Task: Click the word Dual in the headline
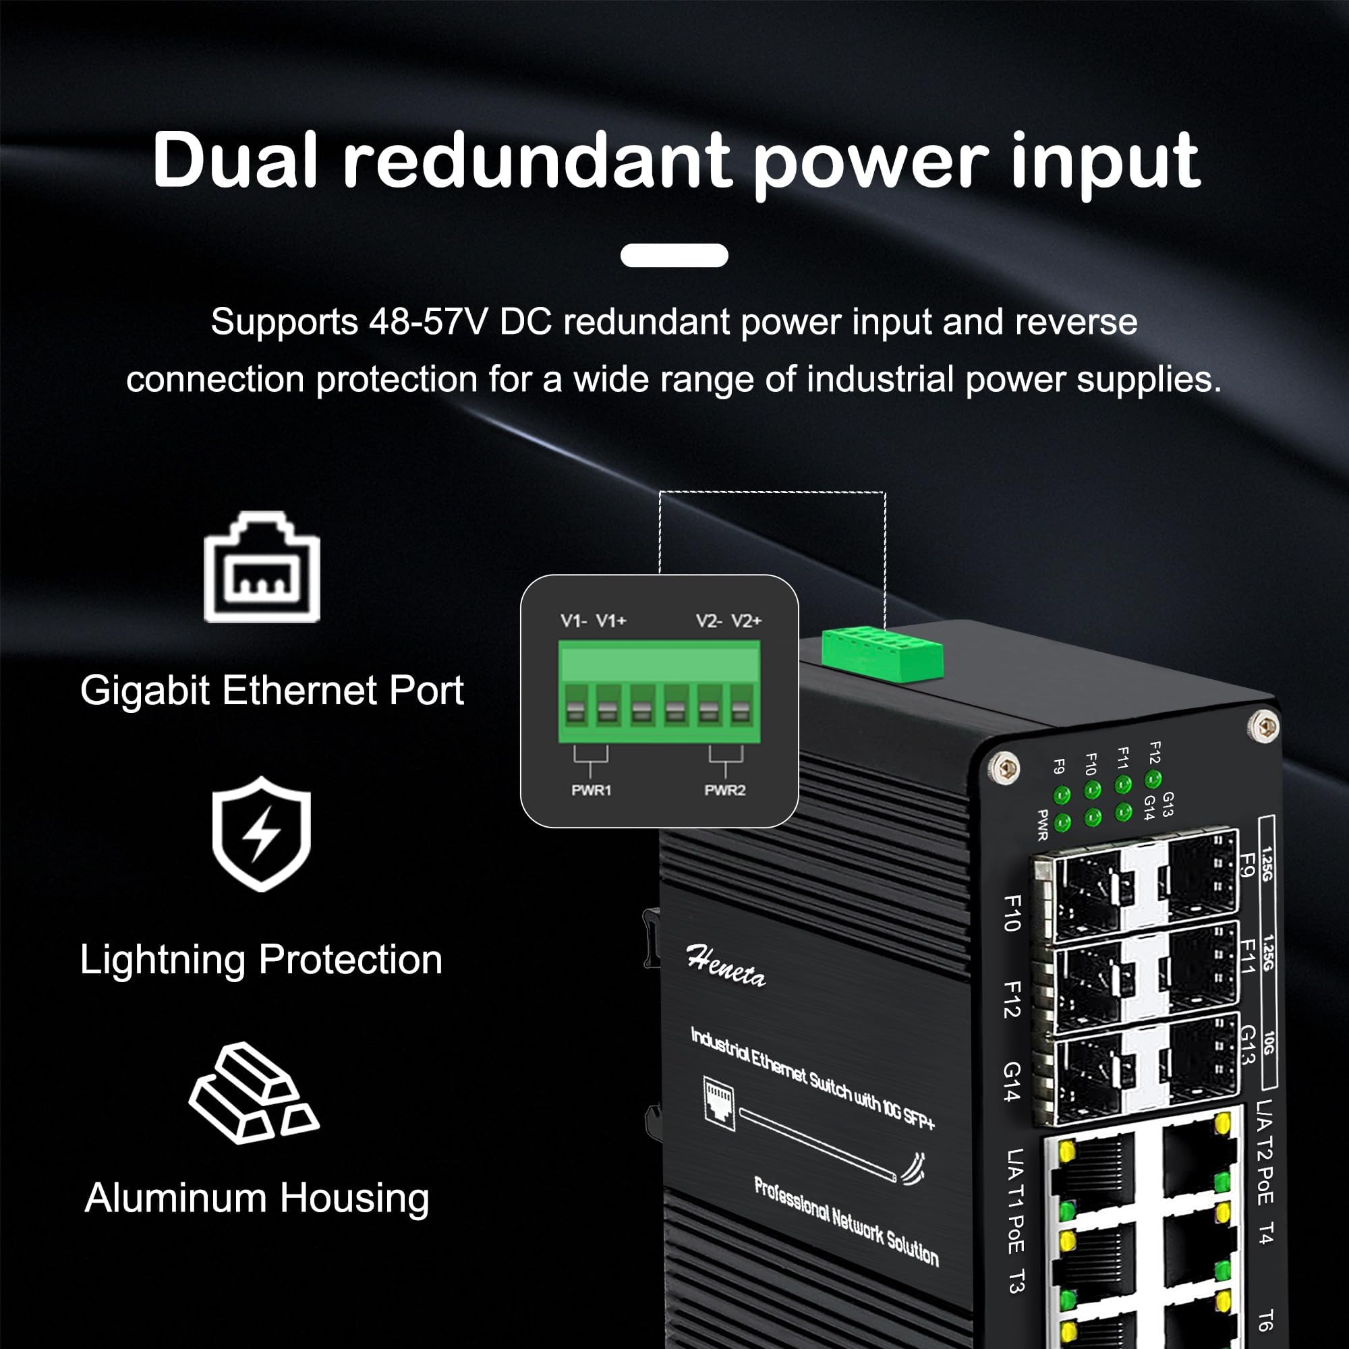(x=235, y=161)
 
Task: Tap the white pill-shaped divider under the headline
(x=674, y=256)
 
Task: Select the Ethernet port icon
(x=262, y=567)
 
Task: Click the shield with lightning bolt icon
(x=261, y=834)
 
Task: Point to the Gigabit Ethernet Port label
(x=272, y=691)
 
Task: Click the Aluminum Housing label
(x=256, y=1198)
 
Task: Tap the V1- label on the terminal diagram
(x=573, y=621)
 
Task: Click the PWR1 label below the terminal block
(x=591, y=791)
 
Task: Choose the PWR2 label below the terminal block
(x=725, y=791)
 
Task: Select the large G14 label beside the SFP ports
(x=1012, y=1082)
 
